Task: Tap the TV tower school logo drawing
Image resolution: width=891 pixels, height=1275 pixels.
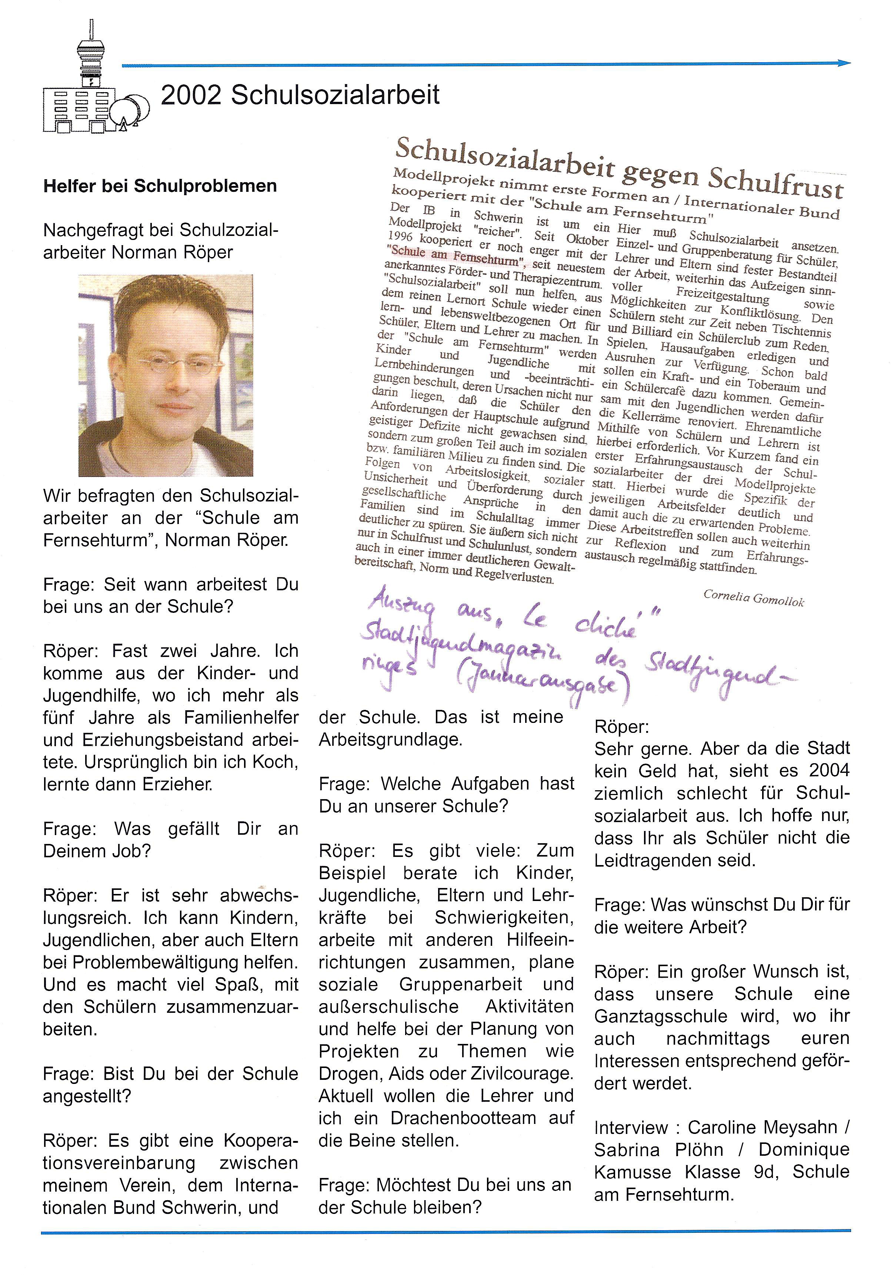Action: (x=94, y=89)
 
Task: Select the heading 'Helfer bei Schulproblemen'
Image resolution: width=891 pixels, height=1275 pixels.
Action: (x=160, y=186)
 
